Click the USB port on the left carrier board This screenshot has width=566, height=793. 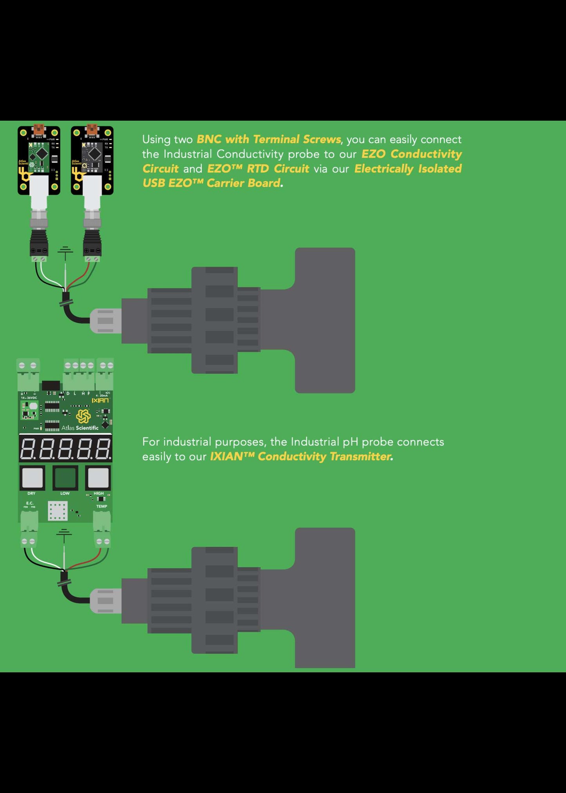coord(39,130)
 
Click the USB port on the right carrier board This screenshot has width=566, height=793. coord(92,130)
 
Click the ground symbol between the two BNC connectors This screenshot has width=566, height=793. coord(65,251)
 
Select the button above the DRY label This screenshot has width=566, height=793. coord(32,477)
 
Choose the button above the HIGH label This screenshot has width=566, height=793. coord(98,477)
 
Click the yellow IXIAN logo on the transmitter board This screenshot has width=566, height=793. coord(100,400)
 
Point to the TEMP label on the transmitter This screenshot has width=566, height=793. coord(102,506)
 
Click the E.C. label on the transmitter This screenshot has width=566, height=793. coord(30,503)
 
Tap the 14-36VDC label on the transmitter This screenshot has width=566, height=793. coord(29,397)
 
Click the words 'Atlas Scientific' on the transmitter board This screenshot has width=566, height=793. coord(80,428)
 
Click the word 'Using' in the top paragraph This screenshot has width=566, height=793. coord(156,140)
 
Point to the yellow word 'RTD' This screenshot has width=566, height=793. coord(258,169)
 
